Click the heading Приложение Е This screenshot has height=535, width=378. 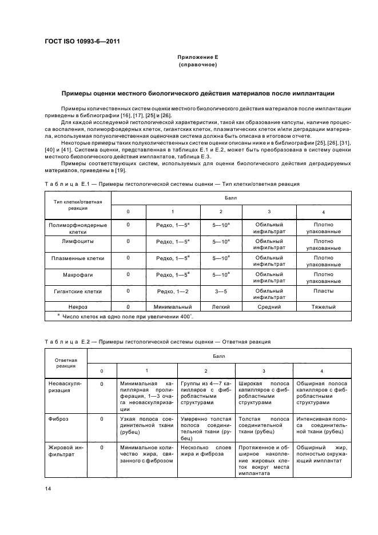(x=198, y=58)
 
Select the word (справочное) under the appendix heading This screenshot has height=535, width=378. (x=198, y=66)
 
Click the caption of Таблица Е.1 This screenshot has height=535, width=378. (x=172, y=184)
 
